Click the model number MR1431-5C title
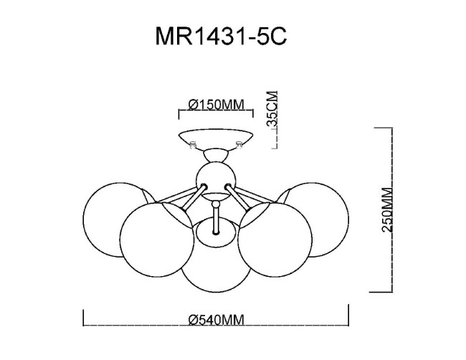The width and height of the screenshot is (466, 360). click(221, 37)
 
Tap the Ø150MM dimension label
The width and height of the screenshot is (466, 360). click(215, 105)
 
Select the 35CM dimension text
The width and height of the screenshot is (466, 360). click(272, 109)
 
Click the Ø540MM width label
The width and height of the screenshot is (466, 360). click(216, 321)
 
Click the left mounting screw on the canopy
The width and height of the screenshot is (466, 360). click(191, 145)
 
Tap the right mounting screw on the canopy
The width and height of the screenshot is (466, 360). click(239, 145)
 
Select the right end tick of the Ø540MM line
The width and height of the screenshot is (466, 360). click(348, 316)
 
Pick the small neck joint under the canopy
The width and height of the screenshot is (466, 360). click(215, 153)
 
